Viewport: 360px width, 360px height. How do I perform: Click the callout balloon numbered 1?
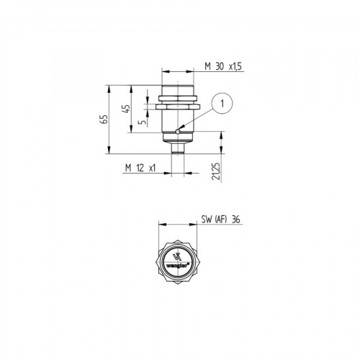224,103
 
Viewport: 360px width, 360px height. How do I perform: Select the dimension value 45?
127,109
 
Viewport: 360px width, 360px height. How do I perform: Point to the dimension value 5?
142,122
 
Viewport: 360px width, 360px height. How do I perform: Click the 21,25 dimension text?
216,173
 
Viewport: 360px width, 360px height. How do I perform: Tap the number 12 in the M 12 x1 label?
140,168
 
